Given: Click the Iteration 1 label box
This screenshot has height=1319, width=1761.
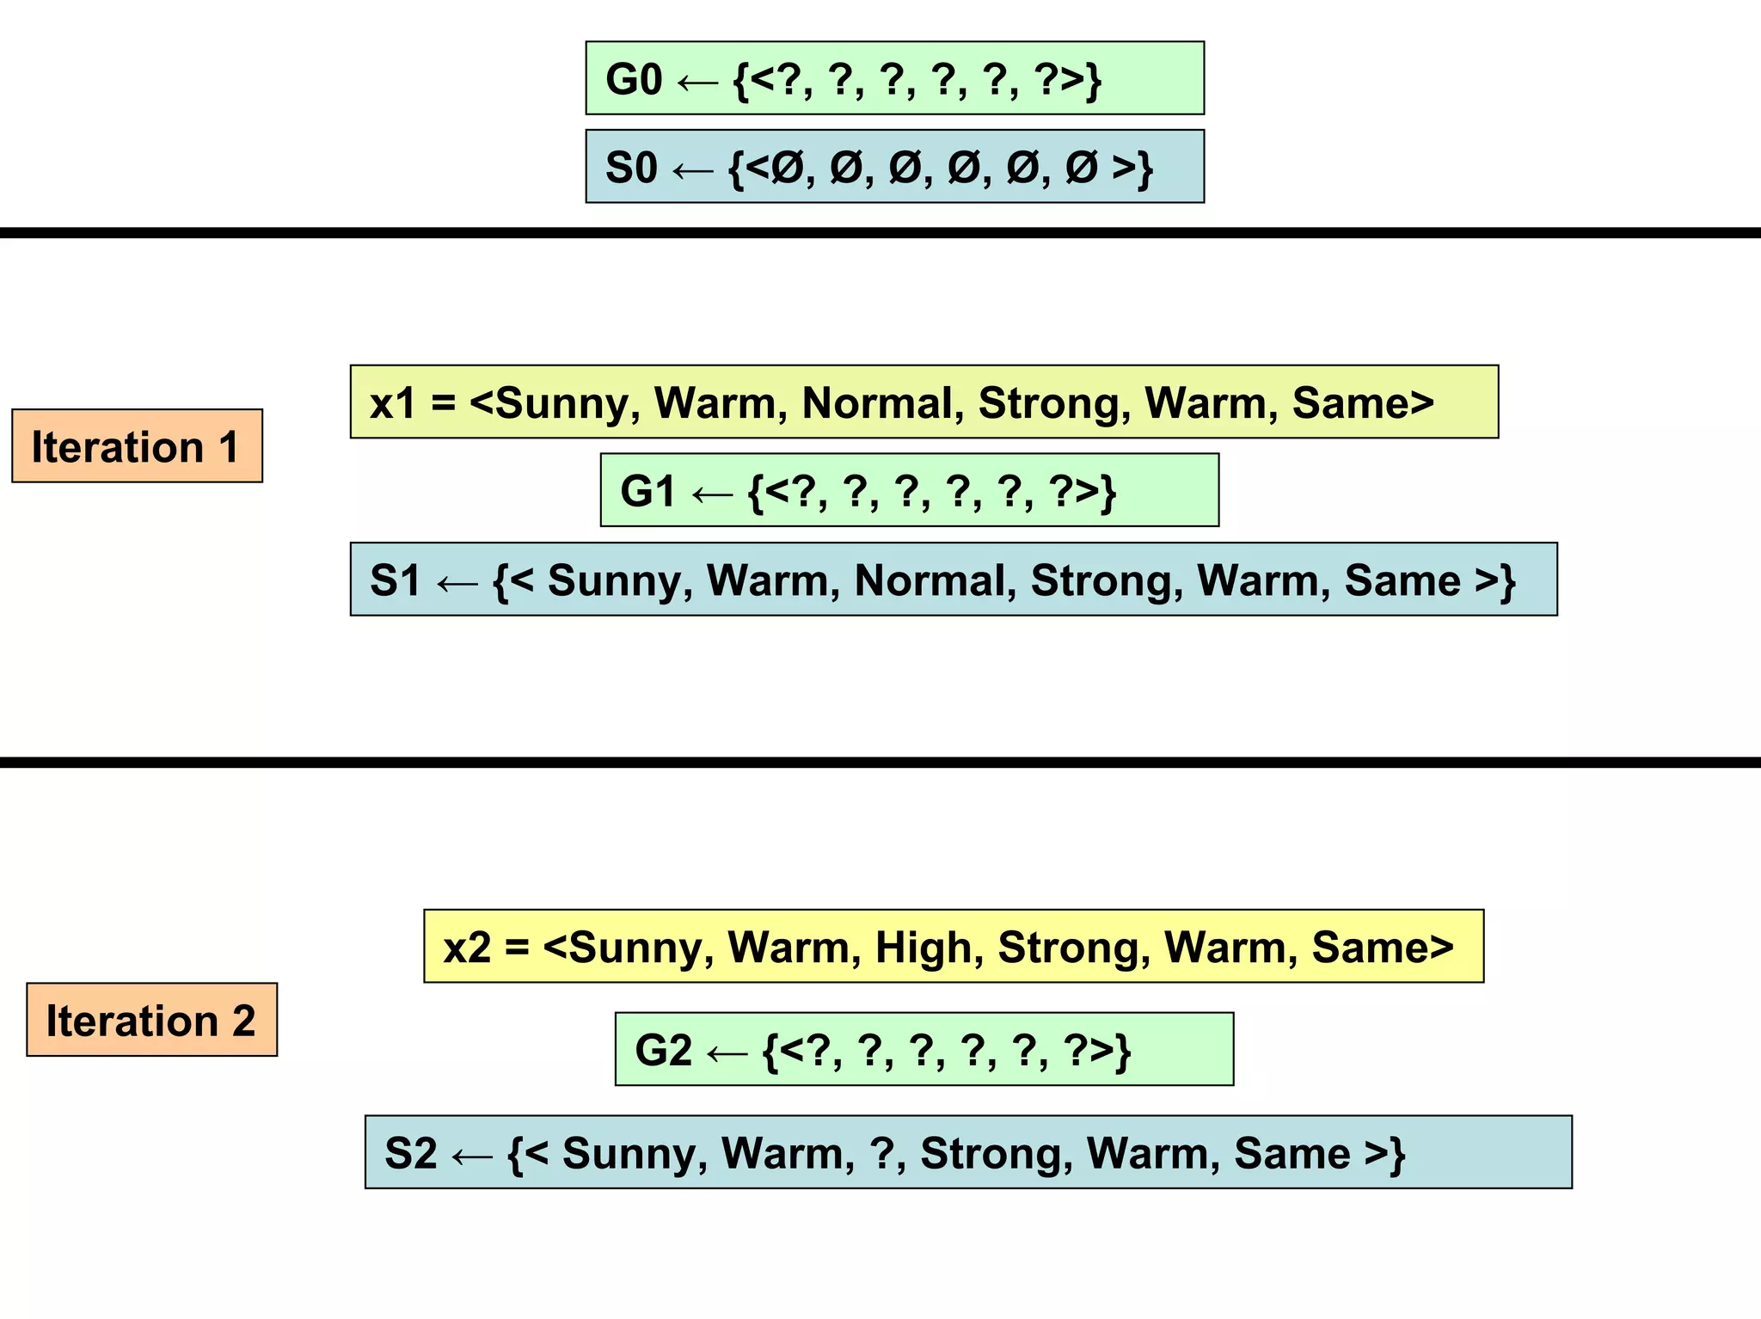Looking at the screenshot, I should (x=136, y=446).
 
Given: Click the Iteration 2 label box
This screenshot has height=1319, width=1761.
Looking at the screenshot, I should (x=151, y=1020).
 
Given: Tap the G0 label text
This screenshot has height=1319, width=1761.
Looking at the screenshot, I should (x=634, y=80).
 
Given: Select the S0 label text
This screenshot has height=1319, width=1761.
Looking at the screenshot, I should (x=631, y=168).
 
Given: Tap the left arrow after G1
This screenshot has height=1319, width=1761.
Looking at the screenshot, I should (x=712, y=493).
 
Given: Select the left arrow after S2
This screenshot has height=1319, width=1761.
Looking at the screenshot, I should (x=471, y=1155).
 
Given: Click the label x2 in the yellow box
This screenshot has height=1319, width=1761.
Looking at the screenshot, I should (x=467, y=947).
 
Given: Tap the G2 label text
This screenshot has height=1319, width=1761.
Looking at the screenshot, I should (x=663, y=1050).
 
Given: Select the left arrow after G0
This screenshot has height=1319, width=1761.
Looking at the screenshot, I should (x=697, y=82).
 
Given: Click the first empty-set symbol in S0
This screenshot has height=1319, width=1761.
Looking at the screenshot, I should (x=786, y=168).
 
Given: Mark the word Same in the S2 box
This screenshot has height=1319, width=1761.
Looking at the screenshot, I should (x=1290, y=1153).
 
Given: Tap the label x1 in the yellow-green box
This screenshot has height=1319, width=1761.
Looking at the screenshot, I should (x=392, y=402).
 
